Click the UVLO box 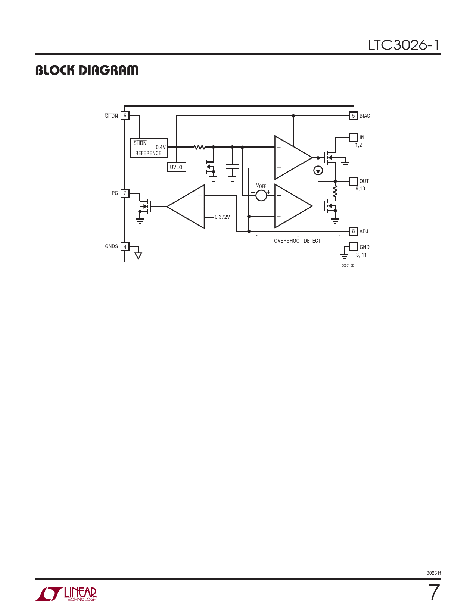(x=176, y=167)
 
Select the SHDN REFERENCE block (x=149, y=148)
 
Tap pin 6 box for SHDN (x=125, y=116)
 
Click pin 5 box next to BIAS (x=353, y=116)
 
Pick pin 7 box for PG (x=125, y=193)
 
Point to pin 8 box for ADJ (x=353, y=231)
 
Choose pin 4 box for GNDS (x=125, y=246)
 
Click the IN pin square (x=353, y=137)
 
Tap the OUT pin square (x=353, y=181)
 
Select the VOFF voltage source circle (x=261, y=196)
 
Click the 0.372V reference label (x=222, y=217)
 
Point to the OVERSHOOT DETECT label (x=298, y=241)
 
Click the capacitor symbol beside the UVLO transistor (x=232, y=167)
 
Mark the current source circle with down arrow (x=318, y=170)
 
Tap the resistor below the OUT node (x=335, y=191)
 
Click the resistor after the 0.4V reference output (x=199, y=147)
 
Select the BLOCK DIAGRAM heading (x=87, y=70)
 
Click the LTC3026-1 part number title (x=404, y=45)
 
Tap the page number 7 (x=434, y=593)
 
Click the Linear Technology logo (x=66, y=594)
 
